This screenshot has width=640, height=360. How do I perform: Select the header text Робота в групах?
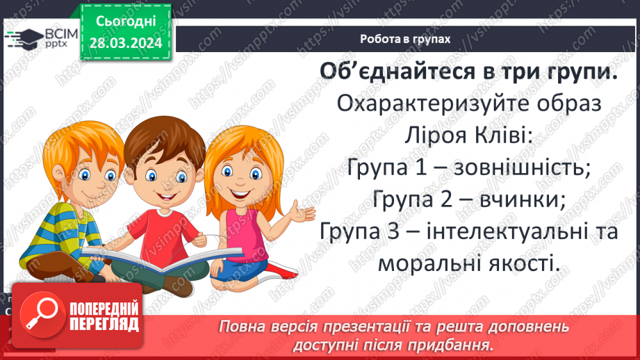(405, 39)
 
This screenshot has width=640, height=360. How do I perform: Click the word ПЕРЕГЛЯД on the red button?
(106, 325)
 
